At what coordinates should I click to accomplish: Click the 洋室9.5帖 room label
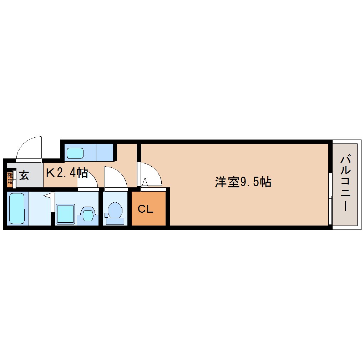click(x=243, y=182)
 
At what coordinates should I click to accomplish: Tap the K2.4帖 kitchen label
click(x=67, y=173)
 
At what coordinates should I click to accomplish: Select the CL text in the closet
click(x=146, y=209)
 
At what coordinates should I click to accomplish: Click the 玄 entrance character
click(x=24, y=175)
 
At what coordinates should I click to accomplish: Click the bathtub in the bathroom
click(x=16, y=208)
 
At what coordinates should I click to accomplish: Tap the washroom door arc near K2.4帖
click(x=88, y=179)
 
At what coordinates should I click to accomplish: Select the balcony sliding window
click(x=330, y=198)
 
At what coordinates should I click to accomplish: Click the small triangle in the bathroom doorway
click(x=47, y=196)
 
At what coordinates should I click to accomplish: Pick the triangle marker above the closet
click(x=145, y=183)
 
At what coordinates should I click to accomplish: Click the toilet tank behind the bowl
click(x=115, y=221)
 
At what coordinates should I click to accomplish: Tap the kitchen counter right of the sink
click(x=105, y=152)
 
